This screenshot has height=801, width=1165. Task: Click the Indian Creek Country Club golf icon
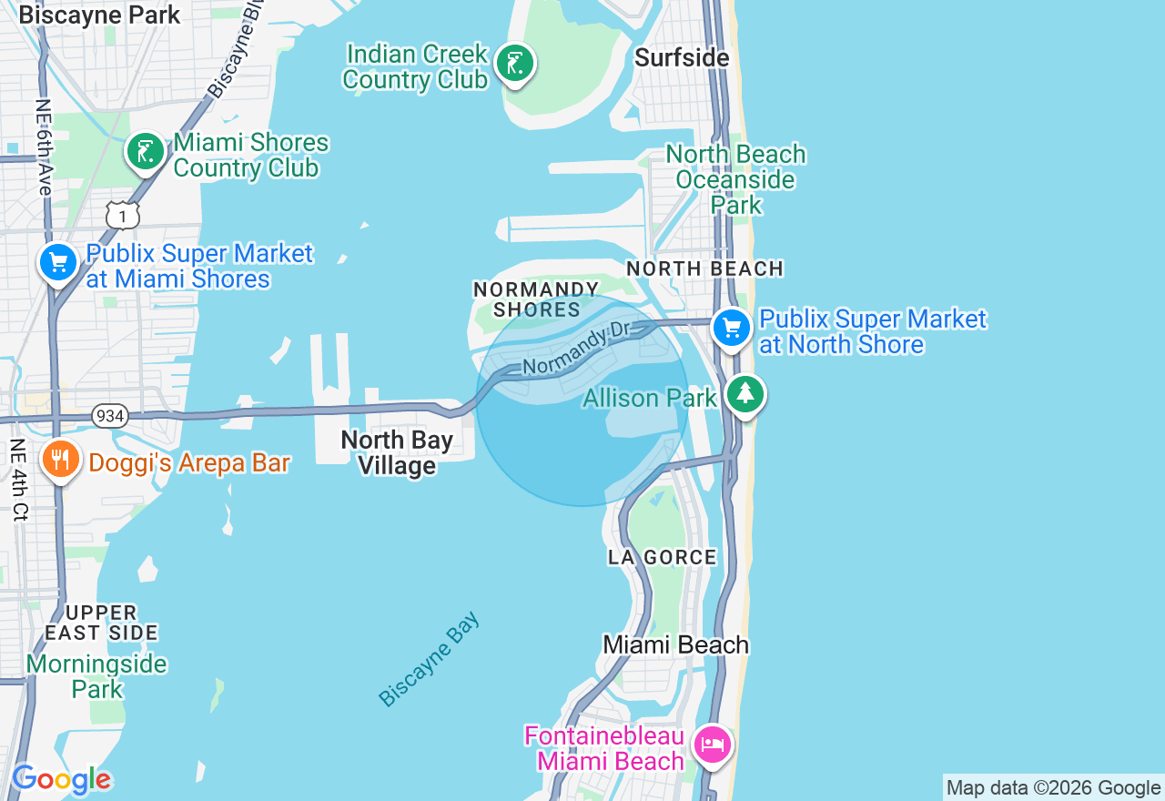click(515, 64)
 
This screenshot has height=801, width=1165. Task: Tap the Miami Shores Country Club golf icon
click(145, 152)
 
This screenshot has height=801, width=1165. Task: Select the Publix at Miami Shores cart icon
click(58, 263)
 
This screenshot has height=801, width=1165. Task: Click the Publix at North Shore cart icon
click(732, 329)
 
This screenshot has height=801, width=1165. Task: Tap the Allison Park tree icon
click(745, 394)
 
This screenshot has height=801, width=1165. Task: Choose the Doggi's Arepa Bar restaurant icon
click(60, 459)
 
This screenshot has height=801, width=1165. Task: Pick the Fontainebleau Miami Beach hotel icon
click(712, 745)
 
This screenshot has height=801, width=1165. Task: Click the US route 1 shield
click(123, 215)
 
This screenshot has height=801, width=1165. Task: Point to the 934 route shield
click(109, 416)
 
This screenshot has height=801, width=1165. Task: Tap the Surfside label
click(682, 58)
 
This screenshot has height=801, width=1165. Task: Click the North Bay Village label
click(396, 452)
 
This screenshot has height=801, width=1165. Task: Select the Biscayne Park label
click(99, 15)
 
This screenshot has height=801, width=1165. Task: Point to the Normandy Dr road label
click(577, 350)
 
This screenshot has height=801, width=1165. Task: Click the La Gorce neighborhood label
click(663, 557)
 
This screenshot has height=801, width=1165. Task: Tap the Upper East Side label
click(102, 623)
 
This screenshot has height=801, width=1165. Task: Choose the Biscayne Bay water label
click(430, 660)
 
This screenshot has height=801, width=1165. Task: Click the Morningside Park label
click(96, 676)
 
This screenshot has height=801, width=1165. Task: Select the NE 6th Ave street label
click(44, 147)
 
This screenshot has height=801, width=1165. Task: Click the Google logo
click(61, 780)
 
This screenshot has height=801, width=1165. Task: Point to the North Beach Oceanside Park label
click(736, 179)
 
